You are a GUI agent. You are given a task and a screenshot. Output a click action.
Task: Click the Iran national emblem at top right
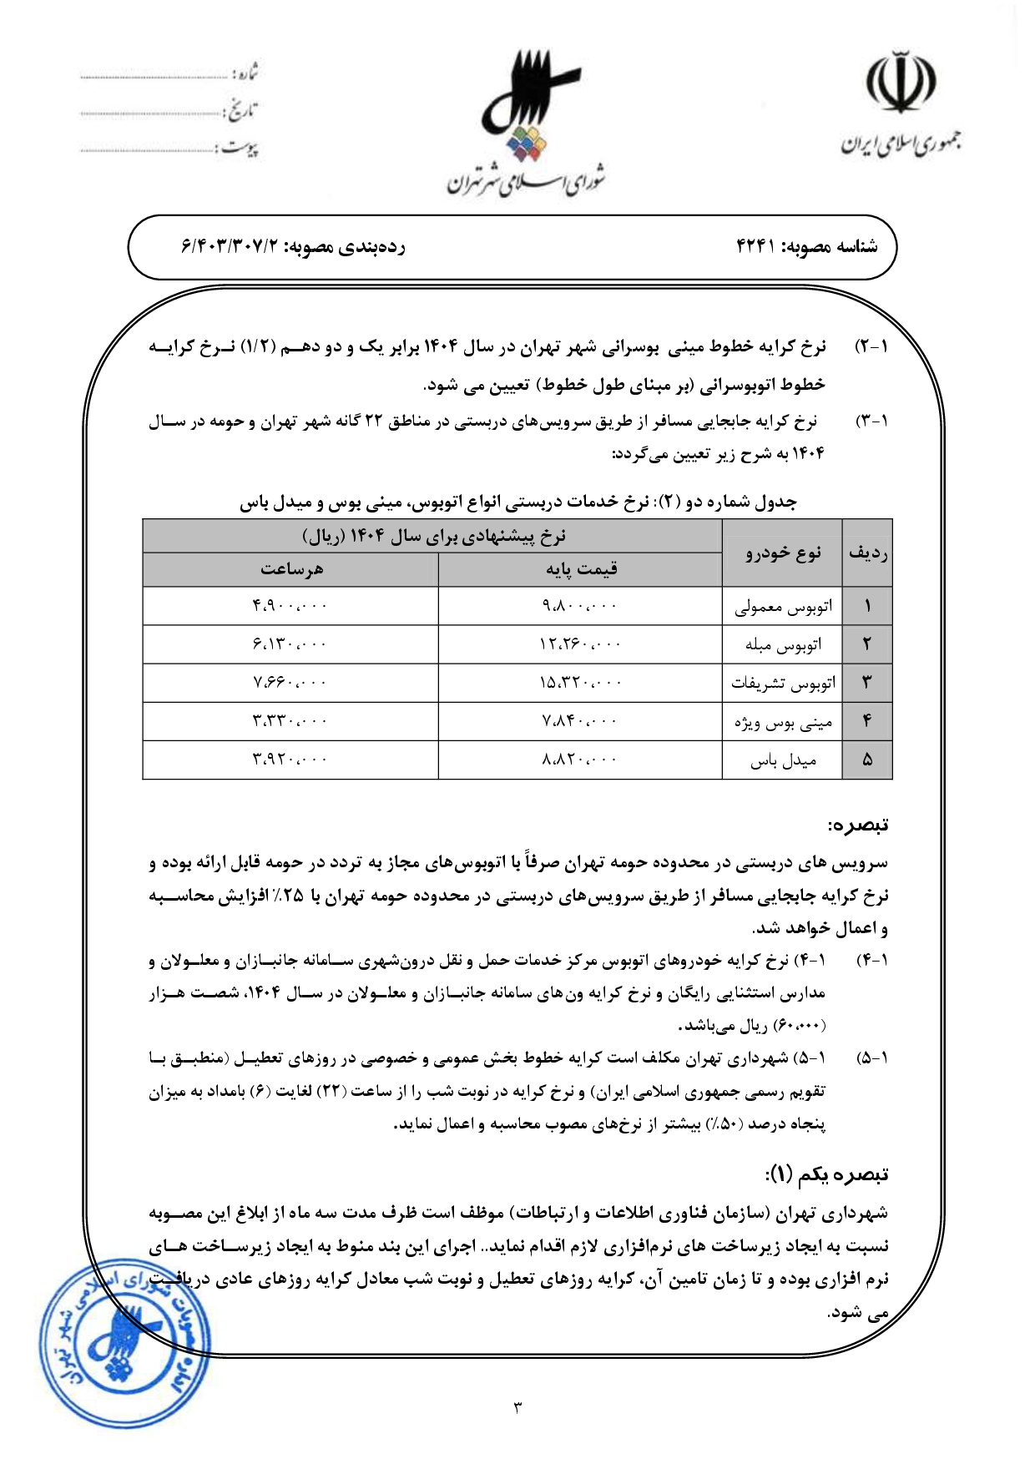[x=901, y=83]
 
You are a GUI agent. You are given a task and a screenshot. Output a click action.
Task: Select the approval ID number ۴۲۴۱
[x=756, y=246]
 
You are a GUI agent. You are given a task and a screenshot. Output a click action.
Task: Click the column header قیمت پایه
[x=581, y=569]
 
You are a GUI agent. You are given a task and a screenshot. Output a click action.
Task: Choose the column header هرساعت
[x=290, y=569]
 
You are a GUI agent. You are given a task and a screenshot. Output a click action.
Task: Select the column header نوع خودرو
[x=782, y=553]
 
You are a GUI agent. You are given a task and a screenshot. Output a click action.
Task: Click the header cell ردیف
[x=867, y=553]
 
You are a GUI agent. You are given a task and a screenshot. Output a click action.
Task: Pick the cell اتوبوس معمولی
[x=782, y=607]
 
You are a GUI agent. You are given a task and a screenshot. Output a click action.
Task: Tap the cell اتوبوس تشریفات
[x=782, y=684]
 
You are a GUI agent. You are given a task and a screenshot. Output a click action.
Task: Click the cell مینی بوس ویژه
[x=782, y=722]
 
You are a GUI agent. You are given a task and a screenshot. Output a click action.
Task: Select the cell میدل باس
[x=782, y=760]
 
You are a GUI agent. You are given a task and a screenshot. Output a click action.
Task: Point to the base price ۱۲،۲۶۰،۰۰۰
[x=580, y=644]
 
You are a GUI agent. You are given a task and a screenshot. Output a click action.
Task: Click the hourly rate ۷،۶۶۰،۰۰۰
[x=290, y=683]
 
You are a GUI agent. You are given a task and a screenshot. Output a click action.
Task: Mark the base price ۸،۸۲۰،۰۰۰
[x=580, y=760]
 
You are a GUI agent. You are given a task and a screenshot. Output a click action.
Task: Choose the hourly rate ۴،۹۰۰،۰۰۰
[x=290, y=606]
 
